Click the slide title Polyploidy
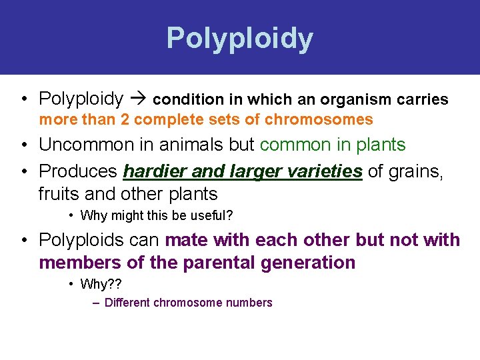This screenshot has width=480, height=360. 239,39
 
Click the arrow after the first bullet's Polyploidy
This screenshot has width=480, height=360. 138,100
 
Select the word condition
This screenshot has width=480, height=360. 179,100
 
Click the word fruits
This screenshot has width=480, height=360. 59,194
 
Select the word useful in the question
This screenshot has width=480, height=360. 206,215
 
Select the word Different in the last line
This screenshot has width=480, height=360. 127,303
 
